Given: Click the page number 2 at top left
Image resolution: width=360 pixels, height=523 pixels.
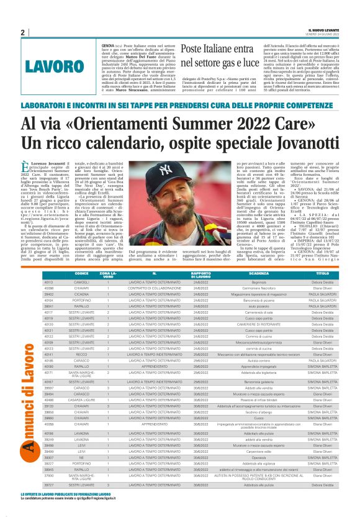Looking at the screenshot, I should [22, 32].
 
